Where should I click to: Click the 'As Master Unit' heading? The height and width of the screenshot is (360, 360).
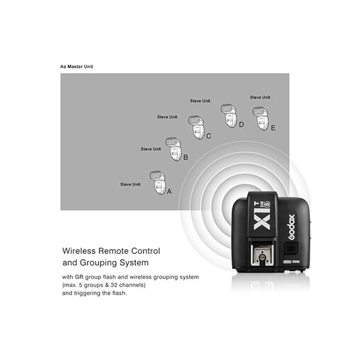point(76,67)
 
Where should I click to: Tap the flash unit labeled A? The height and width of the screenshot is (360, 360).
point(158,182)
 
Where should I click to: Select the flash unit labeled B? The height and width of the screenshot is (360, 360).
point(173,149)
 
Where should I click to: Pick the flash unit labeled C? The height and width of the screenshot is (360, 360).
point(197,127)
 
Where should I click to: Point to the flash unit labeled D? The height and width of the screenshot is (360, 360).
point(229,116)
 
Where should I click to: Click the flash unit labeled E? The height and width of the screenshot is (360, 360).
point(260,119)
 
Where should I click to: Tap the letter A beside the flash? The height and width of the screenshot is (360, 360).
point(169,191)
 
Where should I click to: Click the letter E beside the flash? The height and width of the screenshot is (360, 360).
point(273,128)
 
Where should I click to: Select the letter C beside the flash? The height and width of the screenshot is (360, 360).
point(208,136)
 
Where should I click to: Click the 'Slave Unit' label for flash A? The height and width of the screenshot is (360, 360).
point(130,184)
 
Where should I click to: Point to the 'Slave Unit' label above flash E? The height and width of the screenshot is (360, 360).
point(260,97)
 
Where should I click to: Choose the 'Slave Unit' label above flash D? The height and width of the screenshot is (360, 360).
point(200,101)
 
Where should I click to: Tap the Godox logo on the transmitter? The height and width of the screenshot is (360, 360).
point(292,227)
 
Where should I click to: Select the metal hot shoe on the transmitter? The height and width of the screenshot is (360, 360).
point(262,256)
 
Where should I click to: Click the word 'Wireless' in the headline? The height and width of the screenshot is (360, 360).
point(79,251)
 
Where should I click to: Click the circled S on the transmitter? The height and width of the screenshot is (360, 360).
point(267,204)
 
